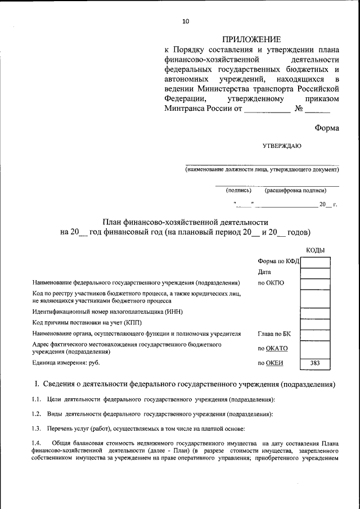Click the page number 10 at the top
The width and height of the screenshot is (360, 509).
tap(186, 21)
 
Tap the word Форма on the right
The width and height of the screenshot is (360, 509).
tap(327, 128)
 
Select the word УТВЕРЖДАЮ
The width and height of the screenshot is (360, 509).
tap(282, 146)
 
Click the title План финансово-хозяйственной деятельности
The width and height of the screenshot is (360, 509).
tap(185, 223)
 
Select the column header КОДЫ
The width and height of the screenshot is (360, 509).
tap(315, 250)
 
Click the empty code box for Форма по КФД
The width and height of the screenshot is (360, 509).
tap(315, 262)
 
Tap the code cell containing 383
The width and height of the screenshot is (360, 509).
tap(315, 363)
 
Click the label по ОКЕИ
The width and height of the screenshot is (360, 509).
tap(270, 363)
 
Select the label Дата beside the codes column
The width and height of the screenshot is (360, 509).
tap(265, 272)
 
